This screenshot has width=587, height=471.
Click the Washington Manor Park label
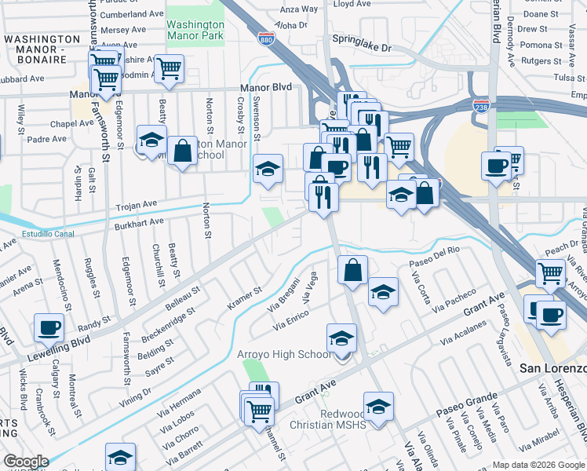tap(195, 30)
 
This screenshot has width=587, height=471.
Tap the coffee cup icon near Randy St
tap(49, 327)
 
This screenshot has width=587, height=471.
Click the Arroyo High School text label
tap(284, 355)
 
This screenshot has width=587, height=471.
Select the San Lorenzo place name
tap(553, 368)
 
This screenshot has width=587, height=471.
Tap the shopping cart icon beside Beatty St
tap(168, 68)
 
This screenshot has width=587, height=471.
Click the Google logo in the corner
tap(25, 462)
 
